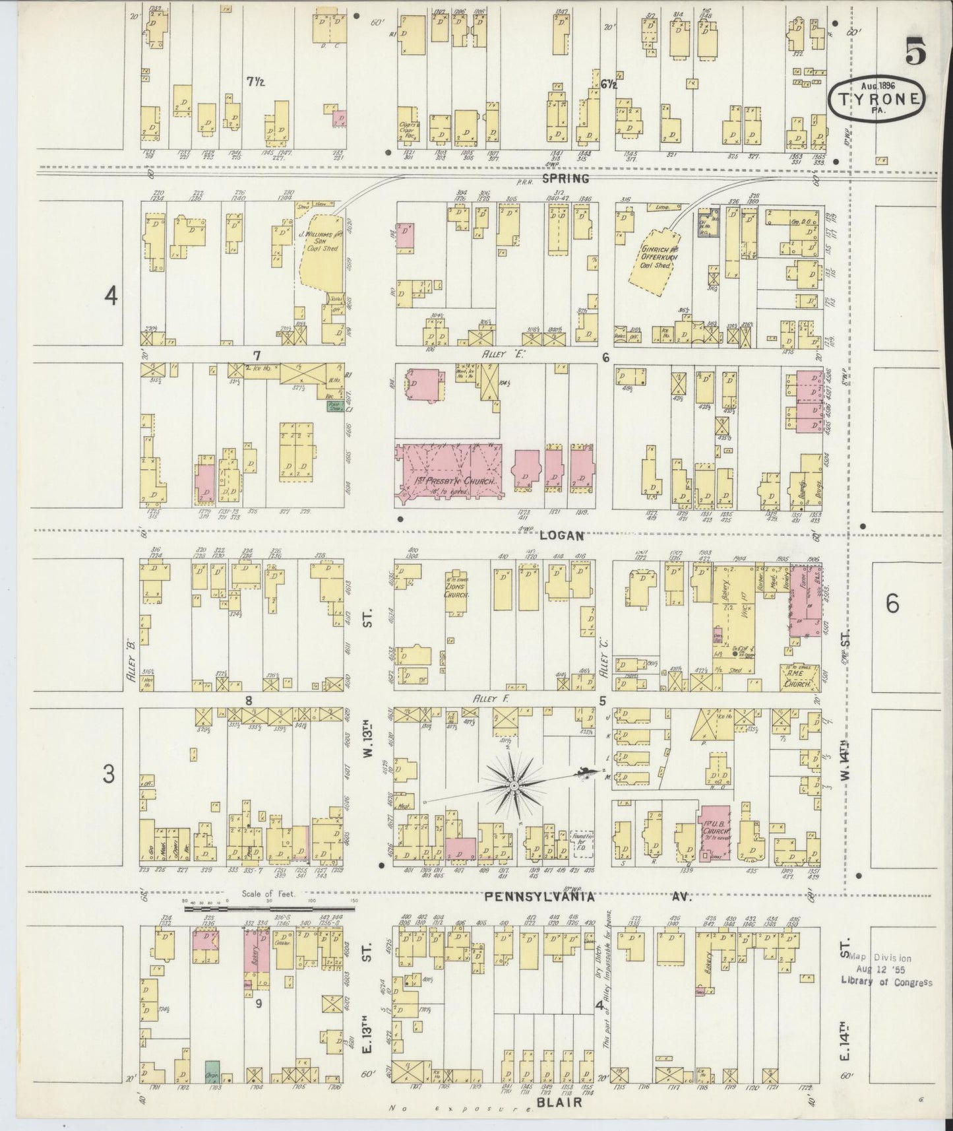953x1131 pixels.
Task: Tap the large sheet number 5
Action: tap(915, 51)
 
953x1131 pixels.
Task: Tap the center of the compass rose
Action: tap(513, 786)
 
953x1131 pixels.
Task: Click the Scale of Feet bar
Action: tap(270, 909)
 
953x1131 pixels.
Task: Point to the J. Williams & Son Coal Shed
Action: tap(319, 254)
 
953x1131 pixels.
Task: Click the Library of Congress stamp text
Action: tap(886, 981)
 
